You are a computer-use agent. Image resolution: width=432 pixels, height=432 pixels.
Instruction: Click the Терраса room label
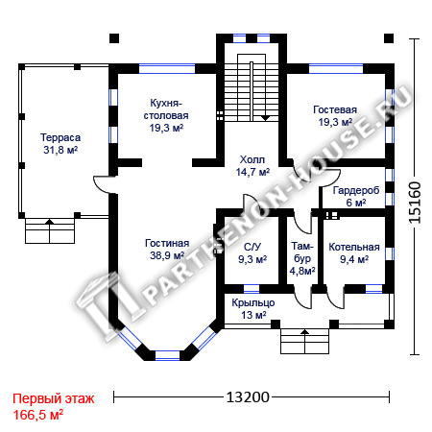[x=60, y=137]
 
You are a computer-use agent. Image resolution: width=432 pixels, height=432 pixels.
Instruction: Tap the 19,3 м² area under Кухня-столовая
[x=166, y=128]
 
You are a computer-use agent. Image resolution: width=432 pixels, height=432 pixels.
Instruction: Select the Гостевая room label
[x=335, y=109]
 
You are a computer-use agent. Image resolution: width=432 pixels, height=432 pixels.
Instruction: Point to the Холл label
[x=252, y=159]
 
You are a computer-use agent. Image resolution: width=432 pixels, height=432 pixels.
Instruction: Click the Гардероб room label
[x=356, y=190]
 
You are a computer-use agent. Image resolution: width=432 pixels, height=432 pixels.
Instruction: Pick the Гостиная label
[x=167, y=243]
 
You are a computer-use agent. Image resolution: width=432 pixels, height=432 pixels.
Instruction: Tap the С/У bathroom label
[x=252, y=247]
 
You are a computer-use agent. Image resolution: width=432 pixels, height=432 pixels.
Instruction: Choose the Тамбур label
[x=302, y=252]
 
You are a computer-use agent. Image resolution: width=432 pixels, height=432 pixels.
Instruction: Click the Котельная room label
[x=354, y=247]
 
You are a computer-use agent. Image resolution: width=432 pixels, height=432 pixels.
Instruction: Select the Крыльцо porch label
[x=253, y=302]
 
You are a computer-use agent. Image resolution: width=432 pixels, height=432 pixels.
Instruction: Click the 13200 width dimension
[x=248, y=397]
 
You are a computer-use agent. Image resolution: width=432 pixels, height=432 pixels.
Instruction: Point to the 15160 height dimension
[x=415, y=203]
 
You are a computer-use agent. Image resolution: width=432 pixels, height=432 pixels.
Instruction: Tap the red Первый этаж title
[x=54, y=398]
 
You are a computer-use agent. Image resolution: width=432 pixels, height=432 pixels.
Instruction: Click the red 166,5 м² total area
[x=38, y=415]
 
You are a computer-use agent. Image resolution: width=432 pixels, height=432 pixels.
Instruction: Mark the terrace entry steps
[x=50, y=230]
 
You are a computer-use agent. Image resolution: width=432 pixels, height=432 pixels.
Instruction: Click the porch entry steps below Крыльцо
[x=305, y=341]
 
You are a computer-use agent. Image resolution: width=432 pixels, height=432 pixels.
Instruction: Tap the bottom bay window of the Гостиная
[x=167, y=356]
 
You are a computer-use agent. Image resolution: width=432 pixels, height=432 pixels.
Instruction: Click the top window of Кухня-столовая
[x=167, y=69]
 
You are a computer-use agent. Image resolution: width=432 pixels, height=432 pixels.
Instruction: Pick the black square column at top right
[x=389, y=38]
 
